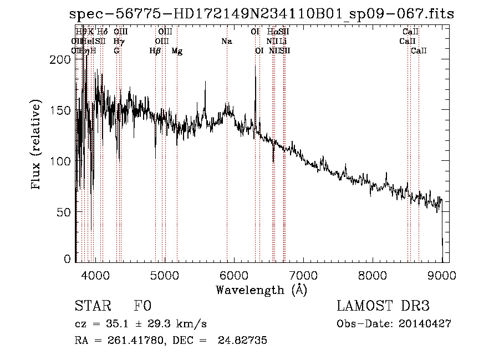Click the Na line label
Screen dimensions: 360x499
[226, 42]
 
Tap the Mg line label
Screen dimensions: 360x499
[177, 51]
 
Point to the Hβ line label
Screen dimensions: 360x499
[155, 51]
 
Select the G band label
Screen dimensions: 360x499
[116, 51]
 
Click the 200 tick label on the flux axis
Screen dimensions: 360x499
[64, 59]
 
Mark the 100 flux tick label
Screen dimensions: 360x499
[64, 161]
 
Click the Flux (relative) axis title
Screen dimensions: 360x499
[37, 145]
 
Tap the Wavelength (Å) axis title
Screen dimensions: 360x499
[262, 290]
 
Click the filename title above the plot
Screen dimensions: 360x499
[262, 14]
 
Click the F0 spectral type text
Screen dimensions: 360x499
[143, 306]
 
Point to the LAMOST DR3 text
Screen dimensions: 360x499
[383, 306]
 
